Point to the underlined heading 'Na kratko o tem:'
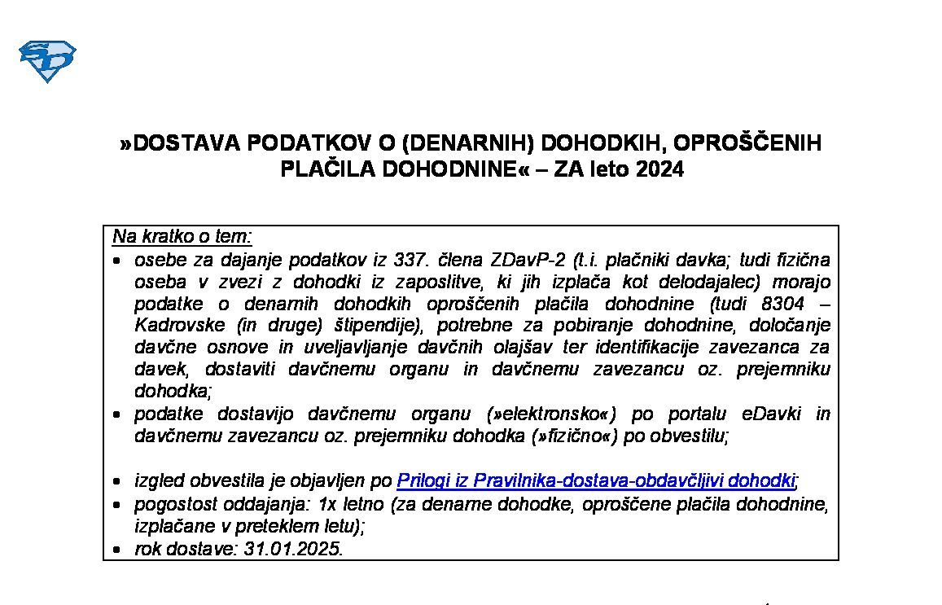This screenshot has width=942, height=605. (182, 237)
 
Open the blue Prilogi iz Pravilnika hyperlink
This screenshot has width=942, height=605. (595, 480)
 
